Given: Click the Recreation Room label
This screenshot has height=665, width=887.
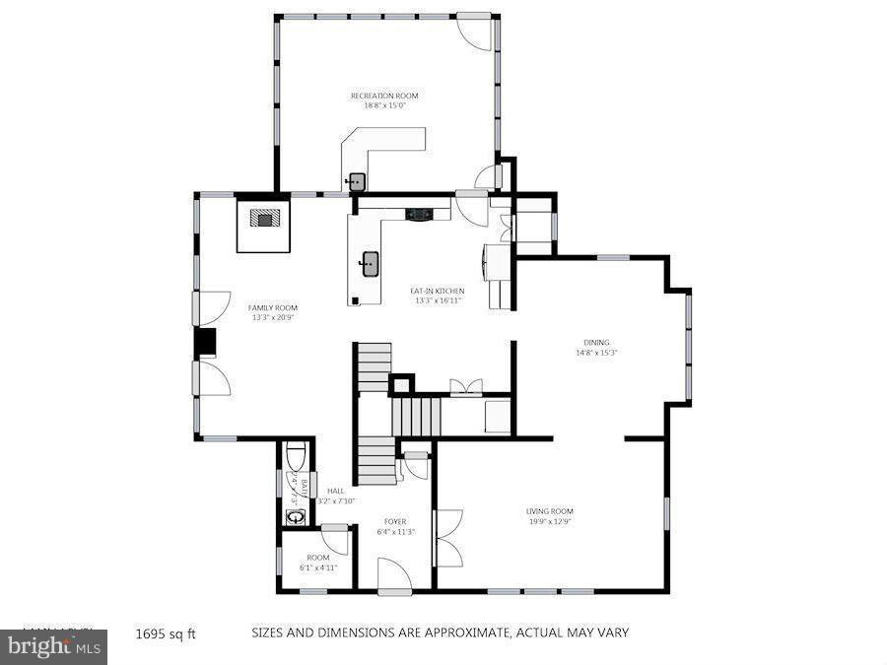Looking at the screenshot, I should (384, 96).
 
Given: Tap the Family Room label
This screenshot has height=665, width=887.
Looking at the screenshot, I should (272, 307).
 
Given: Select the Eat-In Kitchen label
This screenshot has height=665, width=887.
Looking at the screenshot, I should (437, 291).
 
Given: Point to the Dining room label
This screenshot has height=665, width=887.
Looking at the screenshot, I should (596, 343).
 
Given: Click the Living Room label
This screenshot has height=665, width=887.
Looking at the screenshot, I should (549, 511).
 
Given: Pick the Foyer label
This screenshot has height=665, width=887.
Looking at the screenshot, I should (395, 521).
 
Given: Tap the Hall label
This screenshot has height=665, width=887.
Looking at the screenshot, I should (335, 491).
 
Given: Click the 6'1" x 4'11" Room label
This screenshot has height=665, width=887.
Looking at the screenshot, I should (318, 558).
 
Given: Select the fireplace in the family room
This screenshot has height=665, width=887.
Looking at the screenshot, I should (264, 218).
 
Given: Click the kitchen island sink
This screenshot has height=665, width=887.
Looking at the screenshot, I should (371, 263).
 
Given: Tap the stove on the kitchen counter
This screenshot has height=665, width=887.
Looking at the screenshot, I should (418, 213).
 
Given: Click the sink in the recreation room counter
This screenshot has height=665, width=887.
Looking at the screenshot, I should (356, 181).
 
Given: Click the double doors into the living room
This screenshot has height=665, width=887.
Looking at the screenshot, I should (447, 539).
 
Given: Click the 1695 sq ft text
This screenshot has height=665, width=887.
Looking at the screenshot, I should (165, 633).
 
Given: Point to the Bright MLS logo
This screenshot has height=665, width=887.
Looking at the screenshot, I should (53, 647).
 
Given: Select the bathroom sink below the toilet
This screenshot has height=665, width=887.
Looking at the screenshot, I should (294, 516).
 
